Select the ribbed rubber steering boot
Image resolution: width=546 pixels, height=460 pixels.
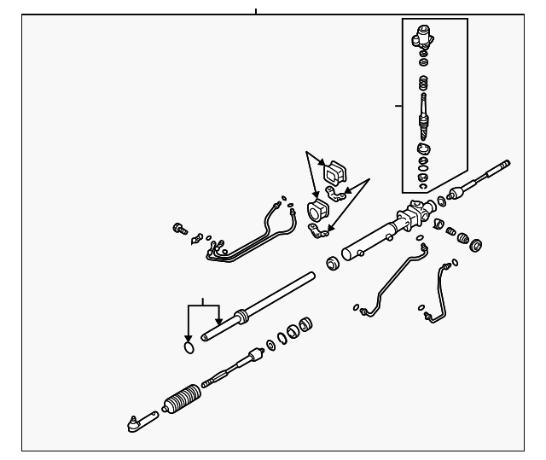point(180,399)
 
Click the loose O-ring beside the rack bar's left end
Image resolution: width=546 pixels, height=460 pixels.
point(189,347)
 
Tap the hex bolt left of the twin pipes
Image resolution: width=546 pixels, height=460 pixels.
point(180,228)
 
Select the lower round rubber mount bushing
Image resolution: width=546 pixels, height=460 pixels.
point(317,211)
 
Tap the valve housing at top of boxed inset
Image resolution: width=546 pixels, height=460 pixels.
point(422,37)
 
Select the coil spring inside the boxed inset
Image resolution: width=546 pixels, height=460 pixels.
point(422,85)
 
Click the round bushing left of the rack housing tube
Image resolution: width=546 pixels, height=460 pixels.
point(334,264)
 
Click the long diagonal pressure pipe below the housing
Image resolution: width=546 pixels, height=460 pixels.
point(392,277)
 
